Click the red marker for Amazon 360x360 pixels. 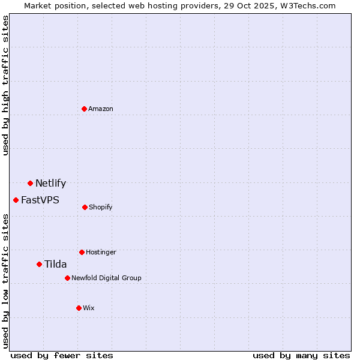point(84,109)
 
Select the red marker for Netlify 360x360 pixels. point(30,183)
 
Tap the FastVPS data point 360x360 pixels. point(16,200)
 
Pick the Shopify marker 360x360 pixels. point(85,207)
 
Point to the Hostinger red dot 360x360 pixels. point(82,252)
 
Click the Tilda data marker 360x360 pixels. point(39,264)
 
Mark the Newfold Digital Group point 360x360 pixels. point(67,278)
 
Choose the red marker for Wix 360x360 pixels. point(79,308)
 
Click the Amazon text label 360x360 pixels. point(101,109)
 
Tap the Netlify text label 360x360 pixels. point(50,184)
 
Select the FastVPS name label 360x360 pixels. point(40,200)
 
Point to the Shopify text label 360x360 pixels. point(100,207)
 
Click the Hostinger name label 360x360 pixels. point(101,252)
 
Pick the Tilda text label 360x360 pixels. point(55,265)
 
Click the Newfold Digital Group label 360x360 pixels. point(106,278)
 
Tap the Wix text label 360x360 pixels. point(89,308)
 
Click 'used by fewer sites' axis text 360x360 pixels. point(62,355)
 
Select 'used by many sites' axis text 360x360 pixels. point(301,355)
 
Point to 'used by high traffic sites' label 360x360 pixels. point(5,85)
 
